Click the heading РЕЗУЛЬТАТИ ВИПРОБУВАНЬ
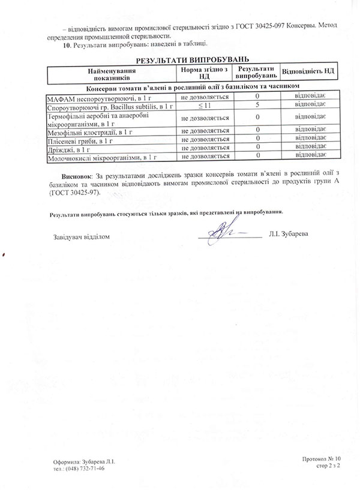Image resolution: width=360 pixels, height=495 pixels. pyautogui.click(x=192, y=61)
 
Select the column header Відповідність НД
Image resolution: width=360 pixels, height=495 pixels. pyautogui.click(x=308, y=72)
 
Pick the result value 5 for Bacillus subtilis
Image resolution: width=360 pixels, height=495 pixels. pyautogui.click(x=257, y=106)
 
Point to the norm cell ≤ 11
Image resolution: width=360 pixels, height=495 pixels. pyautogui.click(x=205, y=106)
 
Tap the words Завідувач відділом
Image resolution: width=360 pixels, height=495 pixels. pyautogui.click(x=82, y=236)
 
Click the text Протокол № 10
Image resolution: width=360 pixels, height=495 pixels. pyautogui.click(x=322, y=458)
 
